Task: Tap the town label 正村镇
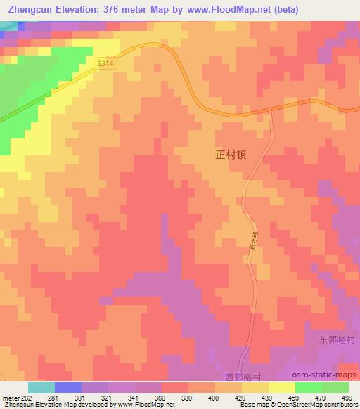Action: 231,155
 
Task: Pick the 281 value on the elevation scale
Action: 54,397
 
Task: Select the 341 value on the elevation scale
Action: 135,397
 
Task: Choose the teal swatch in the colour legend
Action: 41,387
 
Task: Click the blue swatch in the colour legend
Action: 67,387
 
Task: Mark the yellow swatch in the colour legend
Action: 282,387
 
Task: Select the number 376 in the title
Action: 118,10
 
